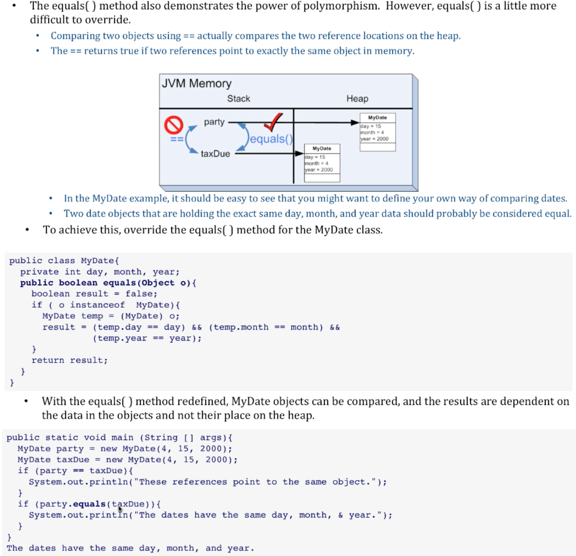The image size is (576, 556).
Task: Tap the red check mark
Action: pyautogui.click(x=273, y=122)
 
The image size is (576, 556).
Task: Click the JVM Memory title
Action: pyautogui.click(x=196, y=83)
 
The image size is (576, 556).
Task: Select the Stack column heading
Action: pyautogui.click(x=238, y=99)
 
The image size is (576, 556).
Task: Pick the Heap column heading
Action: pyautogui.click(x=357, y=99)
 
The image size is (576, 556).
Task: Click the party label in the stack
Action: pyautogui.click(x=214, y=122)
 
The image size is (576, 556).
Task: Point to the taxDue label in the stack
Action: pyautogui.click(x=215, y=154)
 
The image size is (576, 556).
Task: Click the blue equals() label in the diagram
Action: pyautogui.click(x=271, y=139)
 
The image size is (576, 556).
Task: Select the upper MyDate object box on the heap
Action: pyautogui.click(x=377, y=132)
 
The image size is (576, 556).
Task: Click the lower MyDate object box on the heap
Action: pyautogui.click(x=322, y=163)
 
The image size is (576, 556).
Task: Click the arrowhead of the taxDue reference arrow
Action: pyautogui.click(x=299, y=154)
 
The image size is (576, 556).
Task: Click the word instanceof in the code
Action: pyautogui.click(x=98, y=305)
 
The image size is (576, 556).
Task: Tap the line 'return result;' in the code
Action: pyautogui.click(x=70, y=360)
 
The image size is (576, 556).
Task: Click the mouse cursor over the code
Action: pyautogui.click(x=120, y=509)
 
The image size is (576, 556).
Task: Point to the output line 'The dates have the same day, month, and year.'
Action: pyautogui.click(x=130, y=548)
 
